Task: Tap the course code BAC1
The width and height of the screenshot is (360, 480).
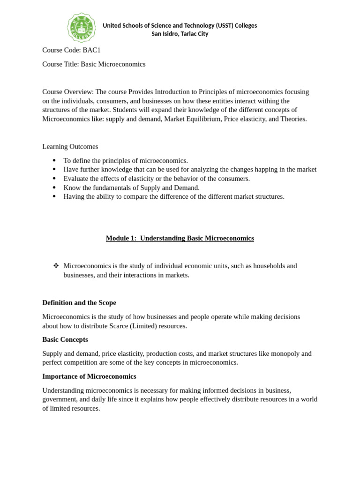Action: [91, 50]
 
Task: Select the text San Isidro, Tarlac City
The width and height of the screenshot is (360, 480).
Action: [180, 34]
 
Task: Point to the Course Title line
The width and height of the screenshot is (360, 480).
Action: [94, 64]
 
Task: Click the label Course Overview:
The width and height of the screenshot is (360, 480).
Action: [68, 92]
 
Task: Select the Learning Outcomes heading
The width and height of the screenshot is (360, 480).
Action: [70, 147]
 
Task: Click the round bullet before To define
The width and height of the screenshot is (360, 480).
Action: [54, 160]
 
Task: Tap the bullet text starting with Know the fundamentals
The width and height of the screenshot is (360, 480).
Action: [131, 187]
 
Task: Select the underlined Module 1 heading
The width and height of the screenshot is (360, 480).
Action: [180, 238]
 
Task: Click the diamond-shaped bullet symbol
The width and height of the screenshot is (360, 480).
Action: [56, 266]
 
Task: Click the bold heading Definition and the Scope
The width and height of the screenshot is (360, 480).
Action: [79, 303]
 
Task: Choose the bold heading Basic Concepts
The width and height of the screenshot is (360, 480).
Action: [65, 339]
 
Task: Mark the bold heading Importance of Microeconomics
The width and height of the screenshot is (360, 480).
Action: [89, 376]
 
